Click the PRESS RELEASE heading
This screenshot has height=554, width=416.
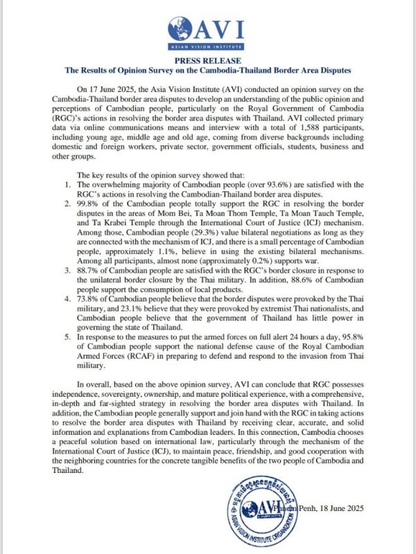point(208,60)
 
